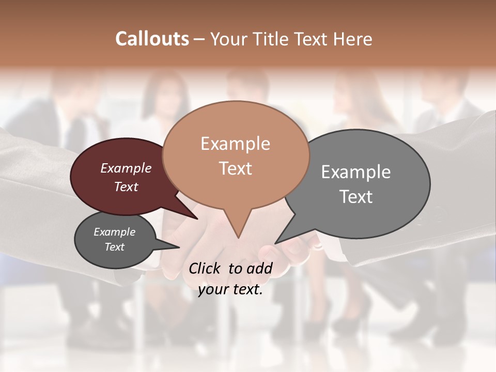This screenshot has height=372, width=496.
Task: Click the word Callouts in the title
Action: point(152,39)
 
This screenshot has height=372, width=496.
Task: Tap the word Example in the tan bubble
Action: point(235,144)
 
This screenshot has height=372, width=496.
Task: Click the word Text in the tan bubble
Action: point(235,168)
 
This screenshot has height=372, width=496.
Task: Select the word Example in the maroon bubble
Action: point(126,168)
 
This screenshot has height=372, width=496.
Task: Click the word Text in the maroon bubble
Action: point(126,187)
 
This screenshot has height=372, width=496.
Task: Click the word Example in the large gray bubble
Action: point(356,172)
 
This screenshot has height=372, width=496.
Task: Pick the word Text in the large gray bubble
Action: point(356,196)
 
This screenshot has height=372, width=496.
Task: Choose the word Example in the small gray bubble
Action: point(115,232)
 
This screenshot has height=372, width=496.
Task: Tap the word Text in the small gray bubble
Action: point(115,247)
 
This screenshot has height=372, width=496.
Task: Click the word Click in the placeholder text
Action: point(206,268)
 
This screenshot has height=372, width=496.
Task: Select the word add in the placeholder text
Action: point(259,268)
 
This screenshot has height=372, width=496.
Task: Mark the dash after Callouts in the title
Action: point(200,39)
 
